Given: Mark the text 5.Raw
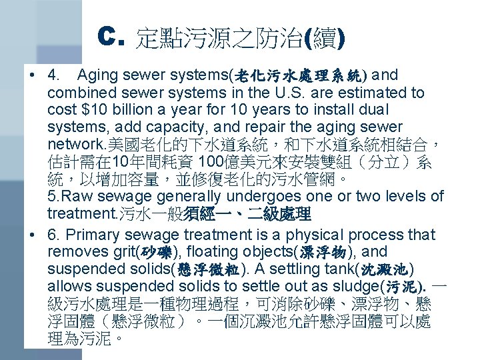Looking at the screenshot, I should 71,196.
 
